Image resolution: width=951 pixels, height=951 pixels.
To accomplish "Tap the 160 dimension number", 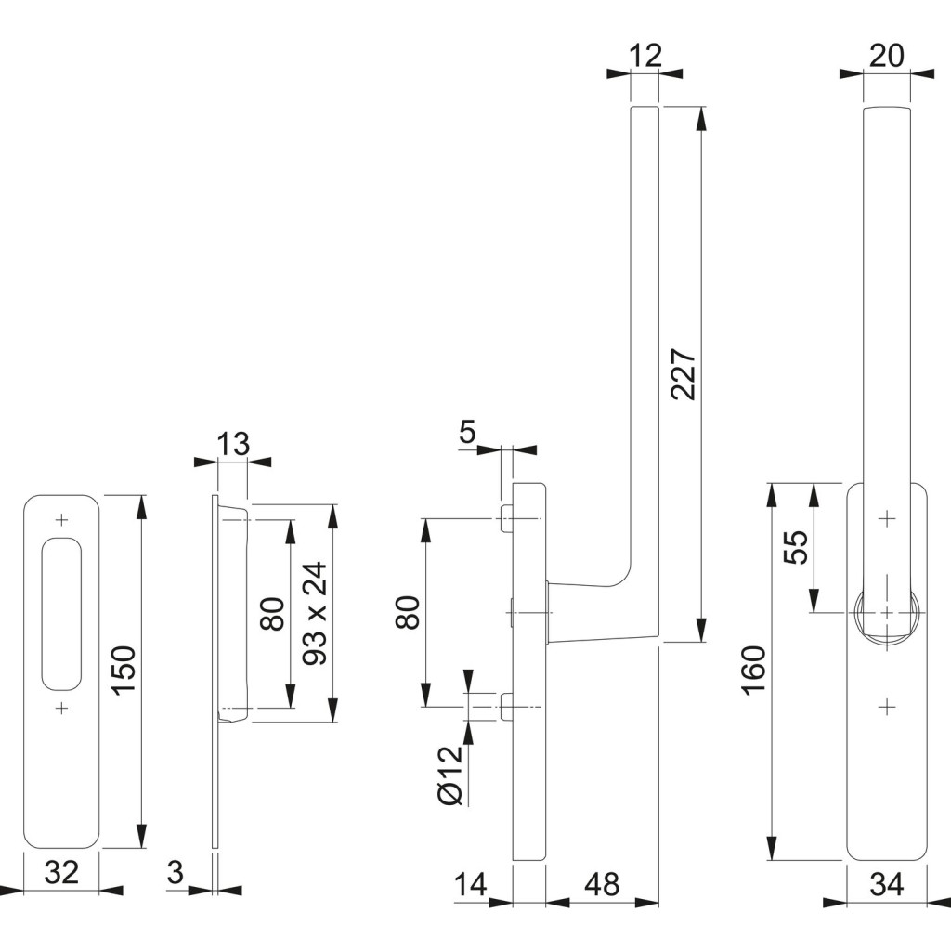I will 754,670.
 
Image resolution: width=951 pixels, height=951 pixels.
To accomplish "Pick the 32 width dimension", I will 62,872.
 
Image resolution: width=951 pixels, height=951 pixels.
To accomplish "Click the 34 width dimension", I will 888,885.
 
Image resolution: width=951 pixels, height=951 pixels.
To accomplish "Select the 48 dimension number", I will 601,885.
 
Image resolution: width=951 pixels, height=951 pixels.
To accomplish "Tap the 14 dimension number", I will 471,885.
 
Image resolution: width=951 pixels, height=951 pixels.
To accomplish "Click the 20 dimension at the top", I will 887,56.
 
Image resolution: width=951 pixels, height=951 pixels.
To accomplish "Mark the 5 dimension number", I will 467,432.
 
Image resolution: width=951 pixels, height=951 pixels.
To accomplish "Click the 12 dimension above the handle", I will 645,56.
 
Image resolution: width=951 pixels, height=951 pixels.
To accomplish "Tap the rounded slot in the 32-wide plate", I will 62,613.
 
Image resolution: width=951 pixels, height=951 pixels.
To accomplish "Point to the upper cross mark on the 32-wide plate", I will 62,517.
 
